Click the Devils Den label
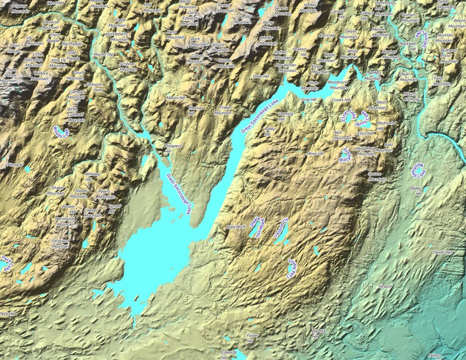(x=443, y=252)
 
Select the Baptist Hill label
(x=319, y=334)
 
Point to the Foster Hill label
(x=252, y=338)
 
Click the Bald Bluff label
(x=236, y=227)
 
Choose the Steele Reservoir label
(x=257, y=228)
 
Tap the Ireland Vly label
(x=281, y=228)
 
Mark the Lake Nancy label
(x=292, y=269)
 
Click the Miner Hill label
(x=315, y=154)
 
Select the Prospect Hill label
(x=173, y=148)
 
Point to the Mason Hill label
(x=175, y=98)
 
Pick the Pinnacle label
(x=15, y=165)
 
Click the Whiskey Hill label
(x=93, y=177)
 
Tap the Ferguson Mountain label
(x=60, y=243)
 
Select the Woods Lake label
(x=61, y=133)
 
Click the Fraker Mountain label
(x=223, y=110)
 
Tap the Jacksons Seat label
(x=94, y=87)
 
